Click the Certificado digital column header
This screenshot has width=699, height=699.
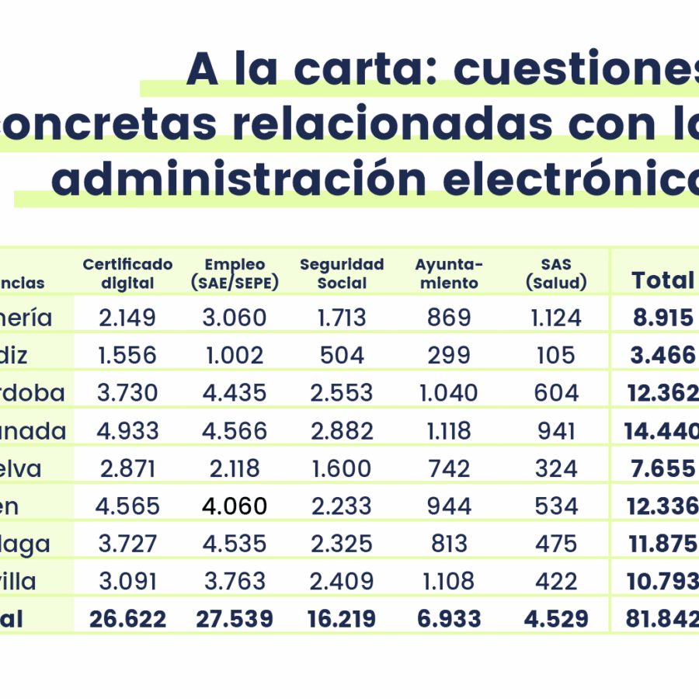click(x=127, y=273)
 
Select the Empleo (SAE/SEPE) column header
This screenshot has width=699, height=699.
click(x=234, y=273)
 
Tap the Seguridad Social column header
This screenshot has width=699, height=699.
click(x=342, y=273)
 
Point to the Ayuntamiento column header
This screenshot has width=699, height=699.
click(x=449, y=273)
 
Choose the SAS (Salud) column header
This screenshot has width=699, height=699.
click(x=555, y=273)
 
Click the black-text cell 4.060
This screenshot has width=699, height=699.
click(x=234, y=506)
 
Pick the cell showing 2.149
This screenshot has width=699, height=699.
click(x=127, y=317)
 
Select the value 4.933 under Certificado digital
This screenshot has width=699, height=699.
click(x=127, y=430)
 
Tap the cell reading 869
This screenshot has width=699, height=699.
click(x=449, y=317)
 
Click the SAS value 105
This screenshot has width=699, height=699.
click(x=555, y=355)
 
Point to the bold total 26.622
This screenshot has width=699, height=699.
click(x=127, y=619)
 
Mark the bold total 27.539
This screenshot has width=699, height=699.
click(x=234, y=619)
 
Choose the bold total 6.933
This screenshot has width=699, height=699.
click(x=449, y=619)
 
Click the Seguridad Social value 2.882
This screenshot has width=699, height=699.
click(x=342, y=430)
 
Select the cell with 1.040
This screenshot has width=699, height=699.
click(x=449, y=393)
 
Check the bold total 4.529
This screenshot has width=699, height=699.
click(x=555, y=619)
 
